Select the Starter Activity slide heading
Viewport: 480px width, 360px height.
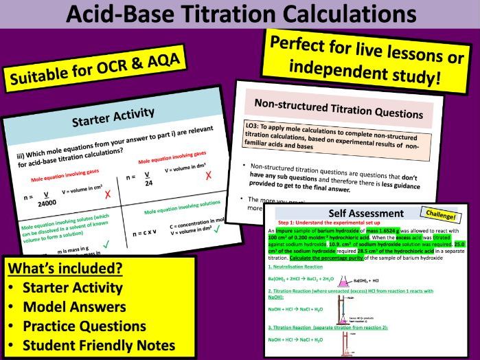(113, 121)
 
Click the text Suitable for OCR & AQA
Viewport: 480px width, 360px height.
(95, 71)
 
